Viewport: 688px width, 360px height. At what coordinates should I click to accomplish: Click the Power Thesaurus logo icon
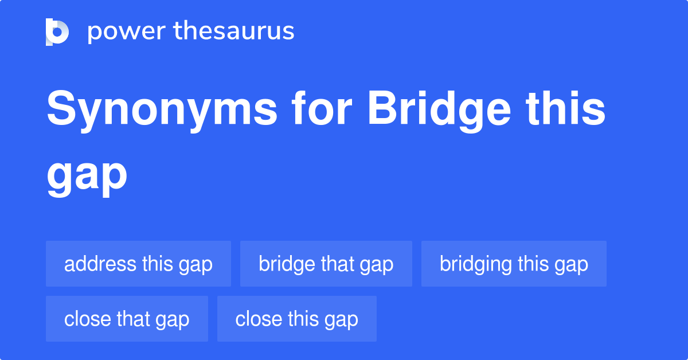coord(57,32)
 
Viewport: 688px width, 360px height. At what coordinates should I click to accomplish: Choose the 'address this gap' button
coord(138,264)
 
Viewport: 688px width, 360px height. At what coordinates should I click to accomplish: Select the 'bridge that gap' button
coord(326,264)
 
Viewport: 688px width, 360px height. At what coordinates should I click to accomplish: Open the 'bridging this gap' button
coord(514,264)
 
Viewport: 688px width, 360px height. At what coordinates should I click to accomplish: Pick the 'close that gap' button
coord(127,319)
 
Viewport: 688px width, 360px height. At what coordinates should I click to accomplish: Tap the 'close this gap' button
coord(296,319)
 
